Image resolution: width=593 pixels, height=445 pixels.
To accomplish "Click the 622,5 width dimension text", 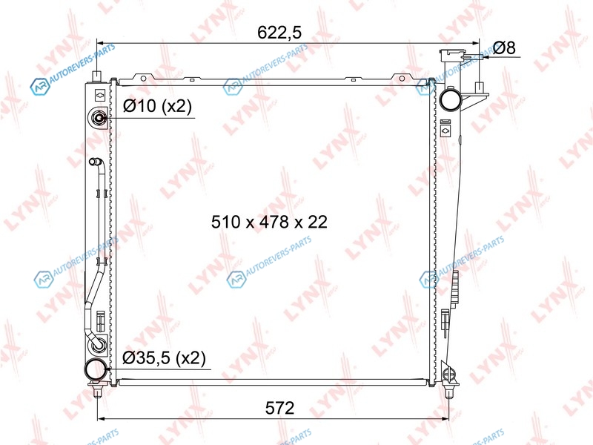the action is pyautogui.click(x=279, y=33).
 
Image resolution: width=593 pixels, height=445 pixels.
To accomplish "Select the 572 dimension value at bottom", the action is pyautogui.click(x=279, y=408).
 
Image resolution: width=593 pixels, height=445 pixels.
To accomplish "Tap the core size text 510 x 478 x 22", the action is pyautogui.click(x=269, y=222).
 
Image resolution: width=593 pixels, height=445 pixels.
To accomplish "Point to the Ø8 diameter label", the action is pyautogui.click(x=505, y=48).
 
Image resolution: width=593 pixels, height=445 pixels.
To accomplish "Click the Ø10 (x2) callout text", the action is pyautogui.click(x=157, y=106).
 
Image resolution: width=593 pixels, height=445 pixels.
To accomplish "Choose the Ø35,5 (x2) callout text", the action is pyautogui.click(x=164, y=357).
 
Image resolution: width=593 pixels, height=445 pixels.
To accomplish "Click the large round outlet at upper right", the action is pyautogui.click(x=450, y=99).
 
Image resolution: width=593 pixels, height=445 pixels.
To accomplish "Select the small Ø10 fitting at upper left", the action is pyautogui.click(x=99, y=118).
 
